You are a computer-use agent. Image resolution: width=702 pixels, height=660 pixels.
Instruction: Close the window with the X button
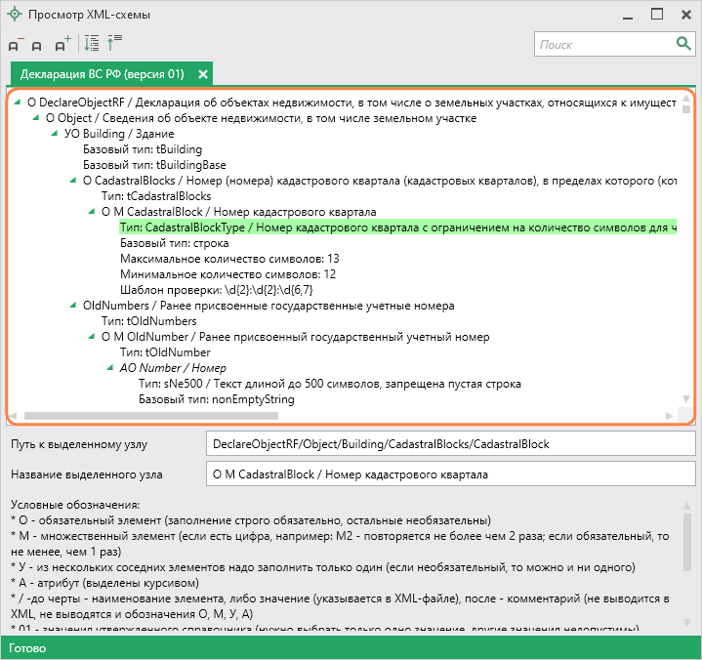pos(681,15)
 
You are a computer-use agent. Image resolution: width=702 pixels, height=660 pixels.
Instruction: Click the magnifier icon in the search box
pos(683,44)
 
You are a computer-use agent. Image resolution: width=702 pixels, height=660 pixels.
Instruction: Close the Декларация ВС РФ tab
pos(203,74)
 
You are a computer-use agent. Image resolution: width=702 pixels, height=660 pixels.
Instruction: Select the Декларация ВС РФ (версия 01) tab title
pos(102,74)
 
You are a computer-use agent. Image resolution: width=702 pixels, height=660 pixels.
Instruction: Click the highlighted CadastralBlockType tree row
pos(391,227)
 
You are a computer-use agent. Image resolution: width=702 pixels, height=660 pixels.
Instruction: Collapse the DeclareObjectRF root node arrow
pos(18,102)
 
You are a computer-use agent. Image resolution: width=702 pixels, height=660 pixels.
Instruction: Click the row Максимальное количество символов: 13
pos(229,259)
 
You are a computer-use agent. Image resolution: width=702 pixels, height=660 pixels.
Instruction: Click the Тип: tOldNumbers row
pos(148,321)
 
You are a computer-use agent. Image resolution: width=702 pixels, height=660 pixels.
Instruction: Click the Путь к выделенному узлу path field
pos(448,444)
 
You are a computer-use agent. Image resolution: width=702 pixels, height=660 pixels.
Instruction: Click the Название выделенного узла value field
pos(448,475)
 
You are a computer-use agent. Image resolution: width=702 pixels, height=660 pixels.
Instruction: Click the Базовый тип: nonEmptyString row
pos(216,399)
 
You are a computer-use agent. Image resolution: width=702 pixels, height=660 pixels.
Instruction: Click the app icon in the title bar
pos(14,15)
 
